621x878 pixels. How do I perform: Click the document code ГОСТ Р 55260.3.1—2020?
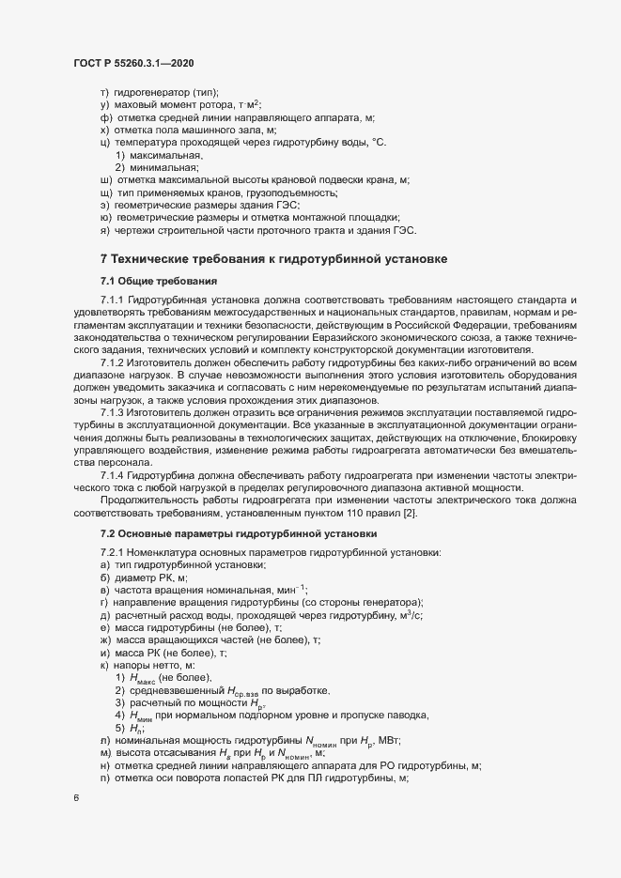point(133,62)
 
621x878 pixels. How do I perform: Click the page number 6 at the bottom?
point(76,798)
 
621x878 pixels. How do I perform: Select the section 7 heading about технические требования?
point(272,258)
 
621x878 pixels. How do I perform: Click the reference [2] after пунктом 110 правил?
point(411,513)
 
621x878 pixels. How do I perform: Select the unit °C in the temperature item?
point(380,141)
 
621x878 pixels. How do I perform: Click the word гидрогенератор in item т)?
point(150,92)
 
